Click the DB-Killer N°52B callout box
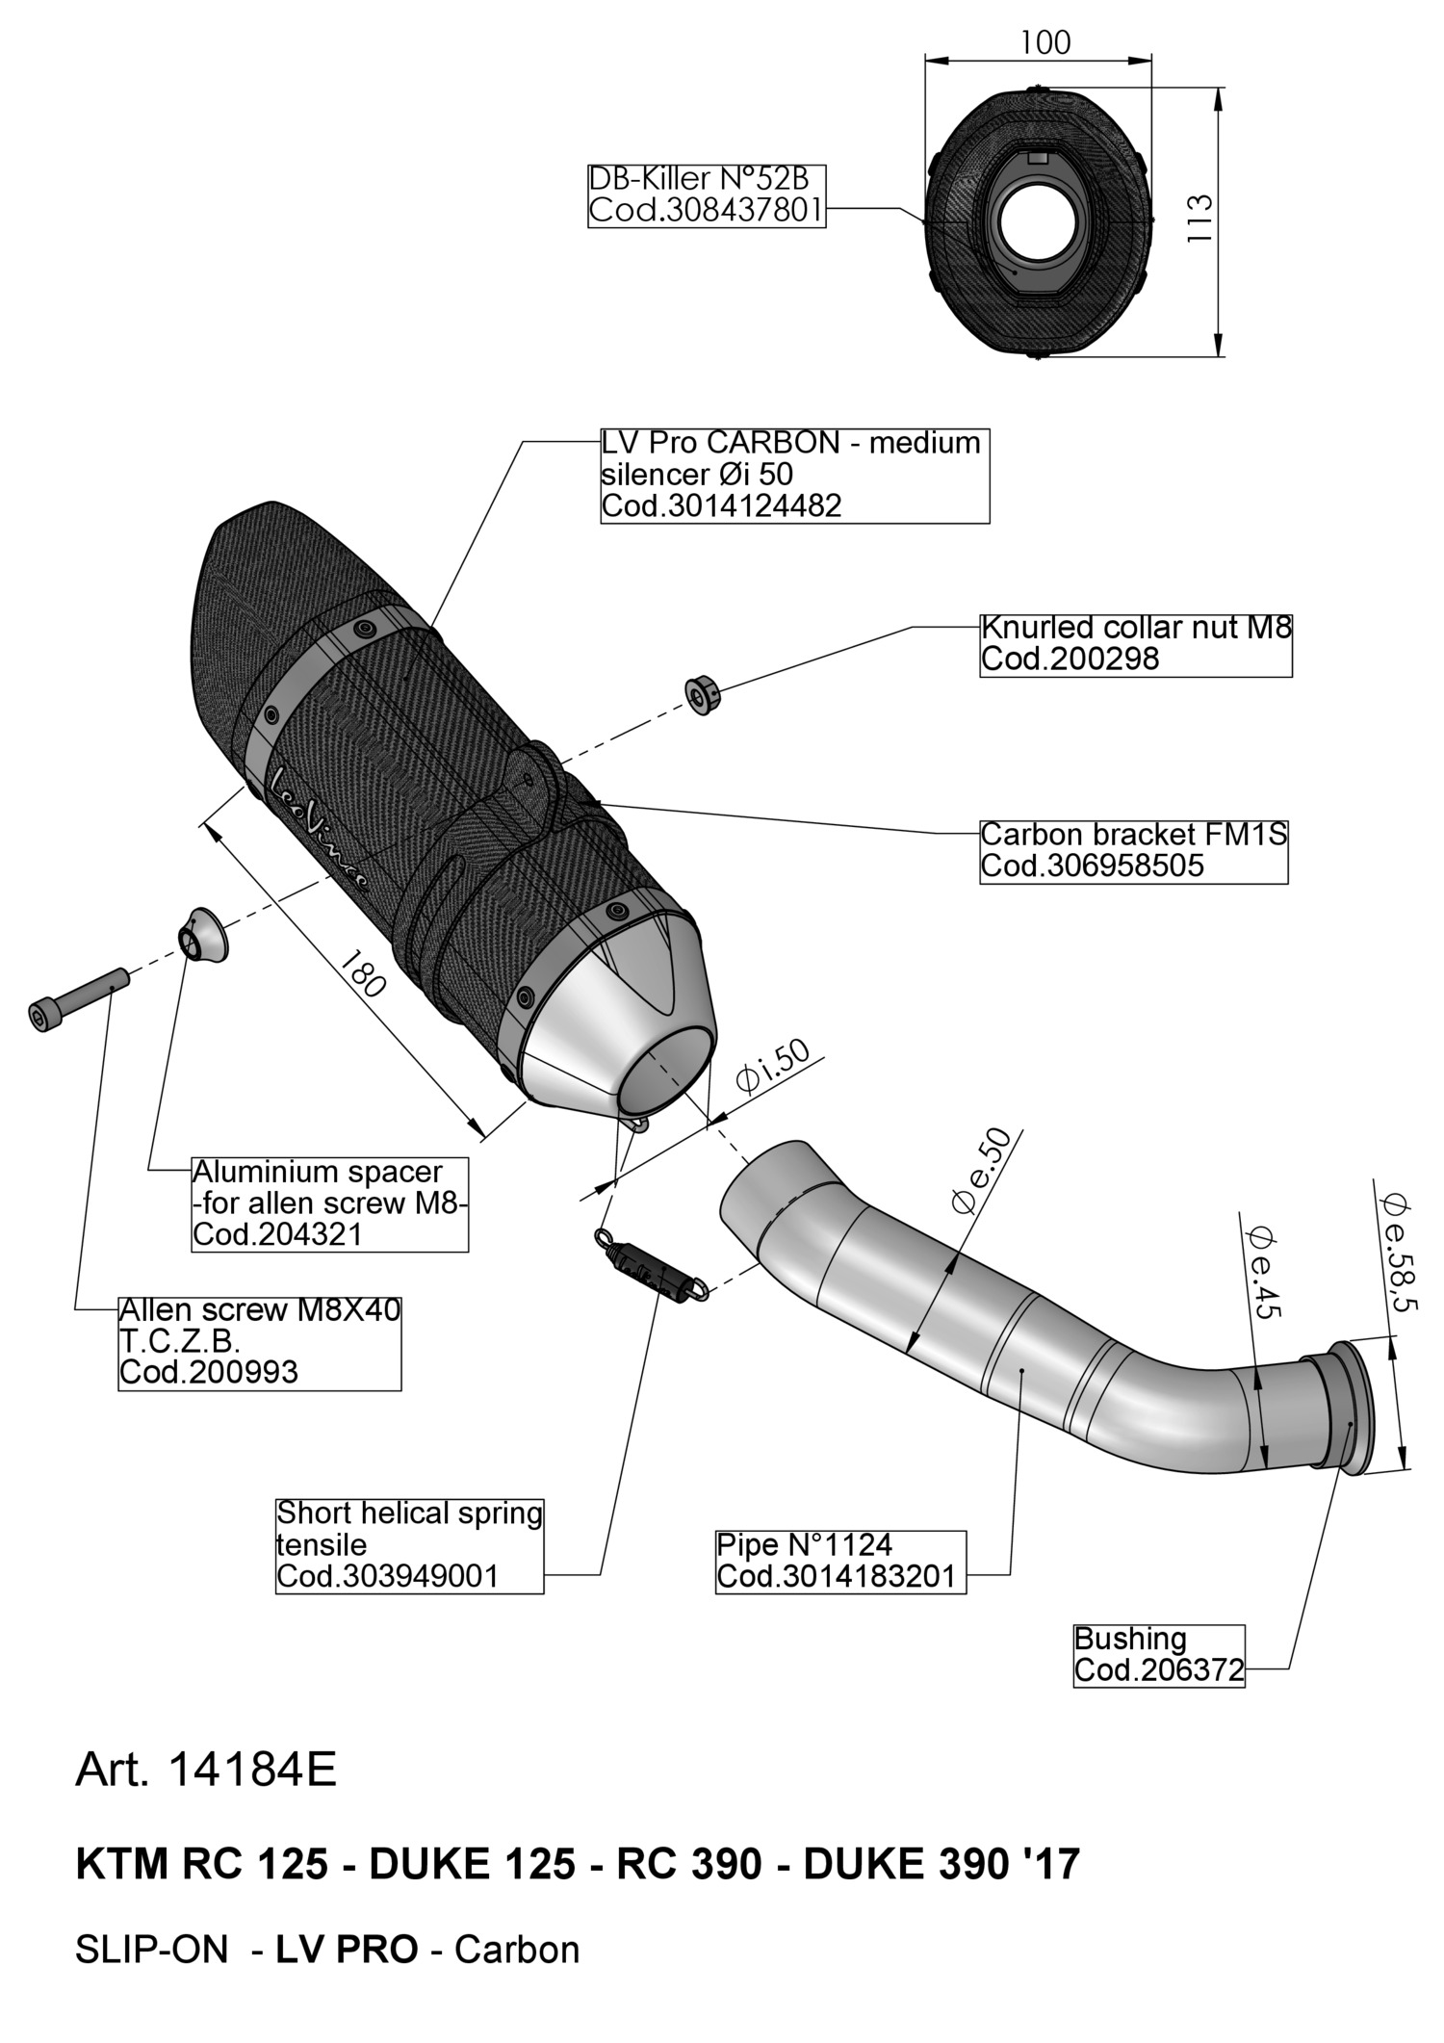pyautogui.click(x=707, y=194)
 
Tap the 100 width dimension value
pyautogui.click(x=1044, y=42)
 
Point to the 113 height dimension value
pyautogui.click(x=1199, y=218)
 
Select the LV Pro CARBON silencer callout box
pyautogui.click(x=794, y=475)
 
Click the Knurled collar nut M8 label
pyautogui.click(x=1135, y=643)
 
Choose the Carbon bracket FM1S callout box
pyautogui.click(x=1133, y=849)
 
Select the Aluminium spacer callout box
pyautogui.click(x=330, y=1203)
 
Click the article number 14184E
pyautogui.click(x=206, y=1770)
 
